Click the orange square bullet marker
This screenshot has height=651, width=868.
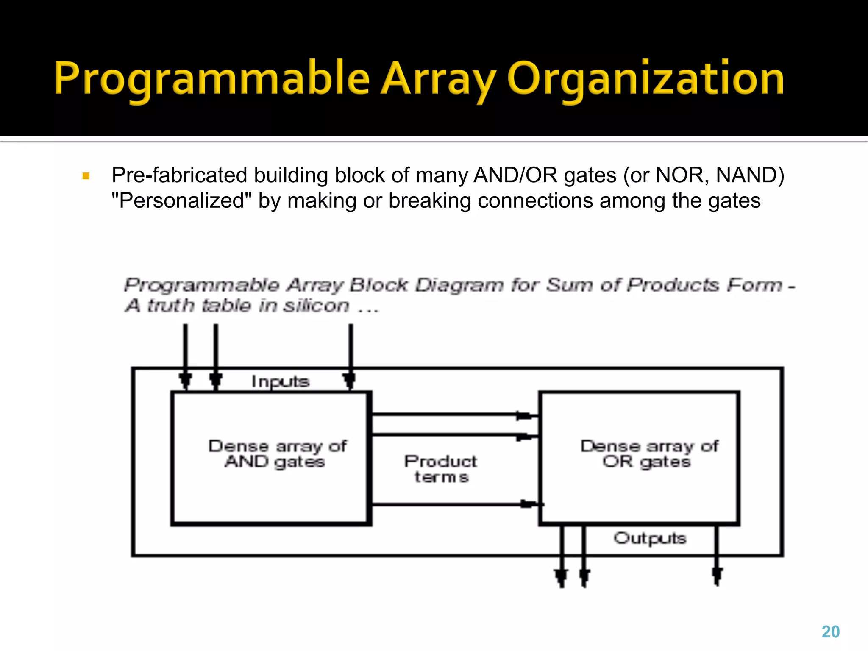pyautogui.click(x=86, y=176)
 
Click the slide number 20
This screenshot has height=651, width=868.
pyautogui.click(x=830, y=632)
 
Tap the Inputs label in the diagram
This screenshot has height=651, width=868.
pyautogui.click(x=280, y=381)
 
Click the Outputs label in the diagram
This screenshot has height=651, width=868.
pyautogui.click(x=649, y=538)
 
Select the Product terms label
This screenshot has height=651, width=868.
pyautogui.click(x=441, y=469)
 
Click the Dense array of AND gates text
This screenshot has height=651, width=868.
pyautogui.click(x=276, y=453)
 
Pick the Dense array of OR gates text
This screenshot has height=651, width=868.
pyautogui.click(x=648, y=453)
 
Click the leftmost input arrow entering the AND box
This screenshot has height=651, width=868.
pyautogui.click(x=185, y=356)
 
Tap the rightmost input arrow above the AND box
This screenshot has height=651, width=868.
pyautogui.click(x=351, y=356)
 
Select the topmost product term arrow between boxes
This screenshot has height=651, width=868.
pyautogui.click(x=453, y=415)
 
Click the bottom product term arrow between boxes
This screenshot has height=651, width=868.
pyautogui.click(x=453, y=504)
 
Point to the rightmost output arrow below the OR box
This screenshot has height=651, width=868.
pyautogui.click(x=717, y=559)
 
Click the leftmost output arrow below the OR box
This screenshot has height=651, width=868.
pyautogui.click(x=562, y=559)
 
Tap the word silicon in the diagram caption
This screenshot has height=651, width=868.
pyautogui.click(x=316, y=305)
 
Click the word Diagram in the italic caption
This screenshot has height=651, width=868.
pyautogui.click(x=459, y=285)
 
